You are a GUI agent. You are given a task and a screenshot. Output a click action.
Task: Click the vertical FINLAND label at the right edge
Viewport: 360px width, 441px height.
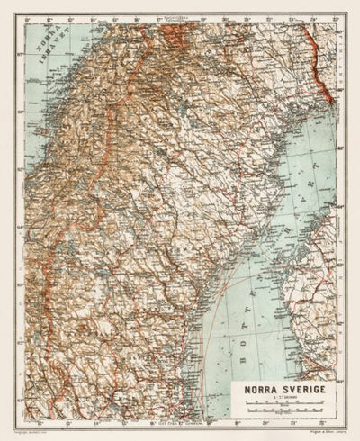330,72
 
